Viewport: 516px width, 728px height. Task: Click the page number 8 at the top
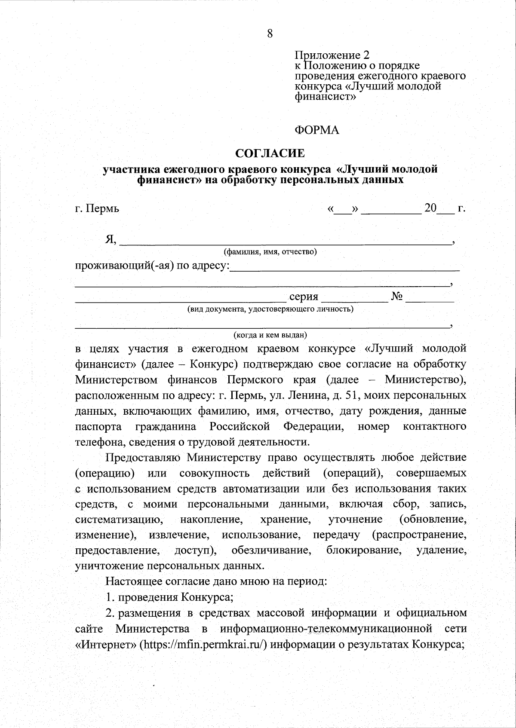point(270,34)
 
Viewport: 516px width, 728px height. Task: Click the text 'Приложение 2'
point(332,55)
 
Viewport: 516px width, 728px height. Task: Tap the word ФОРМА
point(317,130)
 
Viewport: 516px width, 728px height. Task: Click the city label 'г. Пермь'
point(97,209)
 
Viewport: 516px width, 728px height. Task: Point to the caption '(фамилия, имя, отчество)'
point(270,252)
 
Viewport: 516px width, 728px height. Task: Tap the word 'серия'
point(304,297)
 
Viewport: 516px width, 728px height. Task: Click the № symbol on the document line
point(397,297)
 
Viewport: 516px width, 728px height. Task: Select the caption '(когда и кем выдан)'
point(270,335)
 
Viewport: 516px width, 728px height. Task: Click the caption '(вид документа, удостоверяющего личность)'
point(270,309)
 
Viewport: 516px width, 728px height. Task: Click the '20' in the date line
point(430,209)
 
